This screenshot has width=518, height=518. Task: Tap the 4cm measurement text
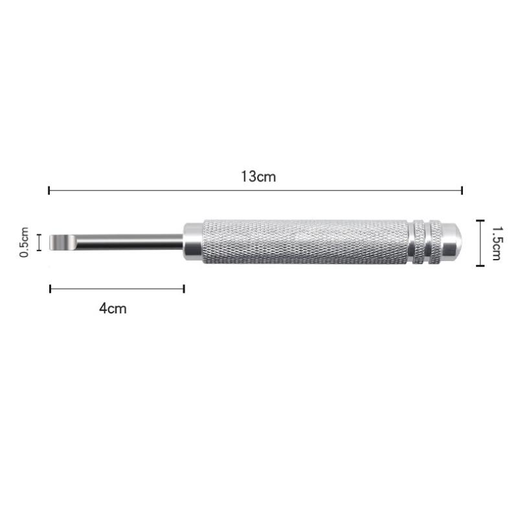point(113,308)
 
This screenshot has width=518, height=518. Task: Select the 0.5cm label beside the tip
point(25,242)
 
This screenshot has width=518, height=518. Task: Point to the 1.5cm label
point(496,243)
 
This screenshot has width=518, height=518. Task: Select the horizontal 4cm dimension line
point(117,289)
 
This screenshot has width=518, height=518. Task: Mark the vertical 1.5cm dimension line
point(479,243)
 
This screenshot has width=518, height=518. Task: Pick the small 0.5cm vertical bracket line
point(40,242)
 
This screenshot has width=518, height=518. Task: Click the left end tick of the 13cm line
point(49,190)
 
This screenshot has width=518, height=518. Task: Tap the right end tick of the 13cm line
point(462,190)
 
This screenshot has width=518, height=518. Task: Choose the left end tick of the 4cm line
point(51,289)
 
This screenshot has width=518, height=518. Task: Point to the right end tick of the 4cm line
point(184,289)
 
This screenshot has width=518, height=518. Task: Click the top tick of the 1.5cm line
point(479,221)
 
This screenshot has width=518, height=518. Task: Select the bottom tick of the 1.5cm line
point(479,265)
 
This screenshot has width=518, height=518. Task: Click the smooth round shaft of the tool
point(129,242)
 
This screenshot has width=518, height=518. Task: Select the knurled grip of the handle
point(304,242)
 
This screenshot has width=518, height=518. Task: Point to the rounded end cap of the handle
point(453,242)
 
